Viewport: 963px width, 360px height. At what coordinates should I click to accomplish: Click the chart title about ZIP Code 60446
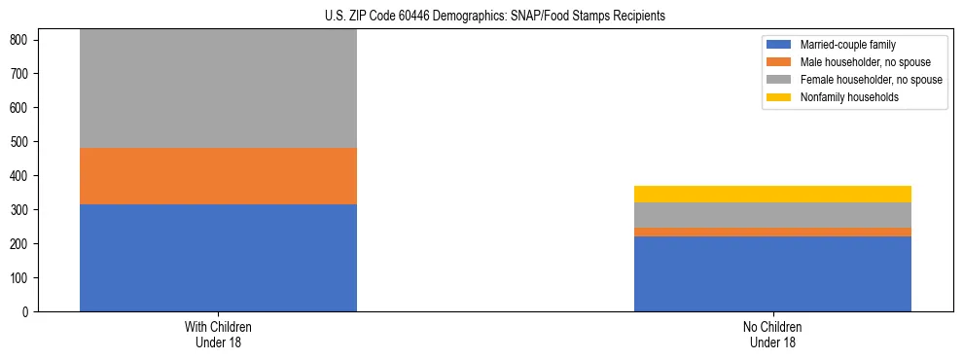495,17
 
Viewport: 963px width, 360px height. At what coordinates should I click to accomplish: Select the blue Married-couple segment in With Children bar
218,258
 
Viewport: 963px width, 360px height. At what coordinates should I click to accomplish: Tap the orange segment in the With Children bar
218,176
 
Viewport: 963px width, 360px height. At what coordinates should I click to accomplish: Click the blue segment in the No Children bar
772,273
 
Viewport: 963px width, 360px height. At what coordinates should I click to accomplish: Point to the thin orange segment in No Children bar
772,232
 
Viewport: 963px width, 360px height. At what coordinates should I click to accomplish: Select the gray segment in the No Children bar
772,215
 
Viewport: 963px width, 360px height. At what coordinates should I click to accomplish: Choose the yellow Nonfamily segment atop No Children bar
772,194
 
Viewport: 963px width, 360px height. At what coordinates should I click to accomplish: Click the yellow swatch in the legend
779,97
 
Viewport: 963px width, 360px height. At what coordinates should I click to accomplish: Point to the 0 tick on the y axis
29,312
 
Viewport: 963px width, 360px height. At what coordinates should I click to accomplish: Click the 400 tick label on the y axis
22,176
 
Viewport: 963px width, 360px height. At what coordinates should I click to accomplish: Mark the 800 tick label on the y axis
22,40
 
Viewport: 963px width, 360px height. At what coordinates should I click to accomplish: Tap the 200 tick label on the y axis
22,244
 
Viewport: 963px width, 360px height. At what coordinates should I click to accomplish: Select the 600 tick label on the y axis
22,108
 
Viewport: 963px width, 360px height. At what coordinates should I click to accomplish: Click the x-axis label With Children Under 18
218,335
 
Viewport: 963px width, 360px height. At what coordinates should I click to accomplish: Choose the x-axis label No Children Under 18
772,335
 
